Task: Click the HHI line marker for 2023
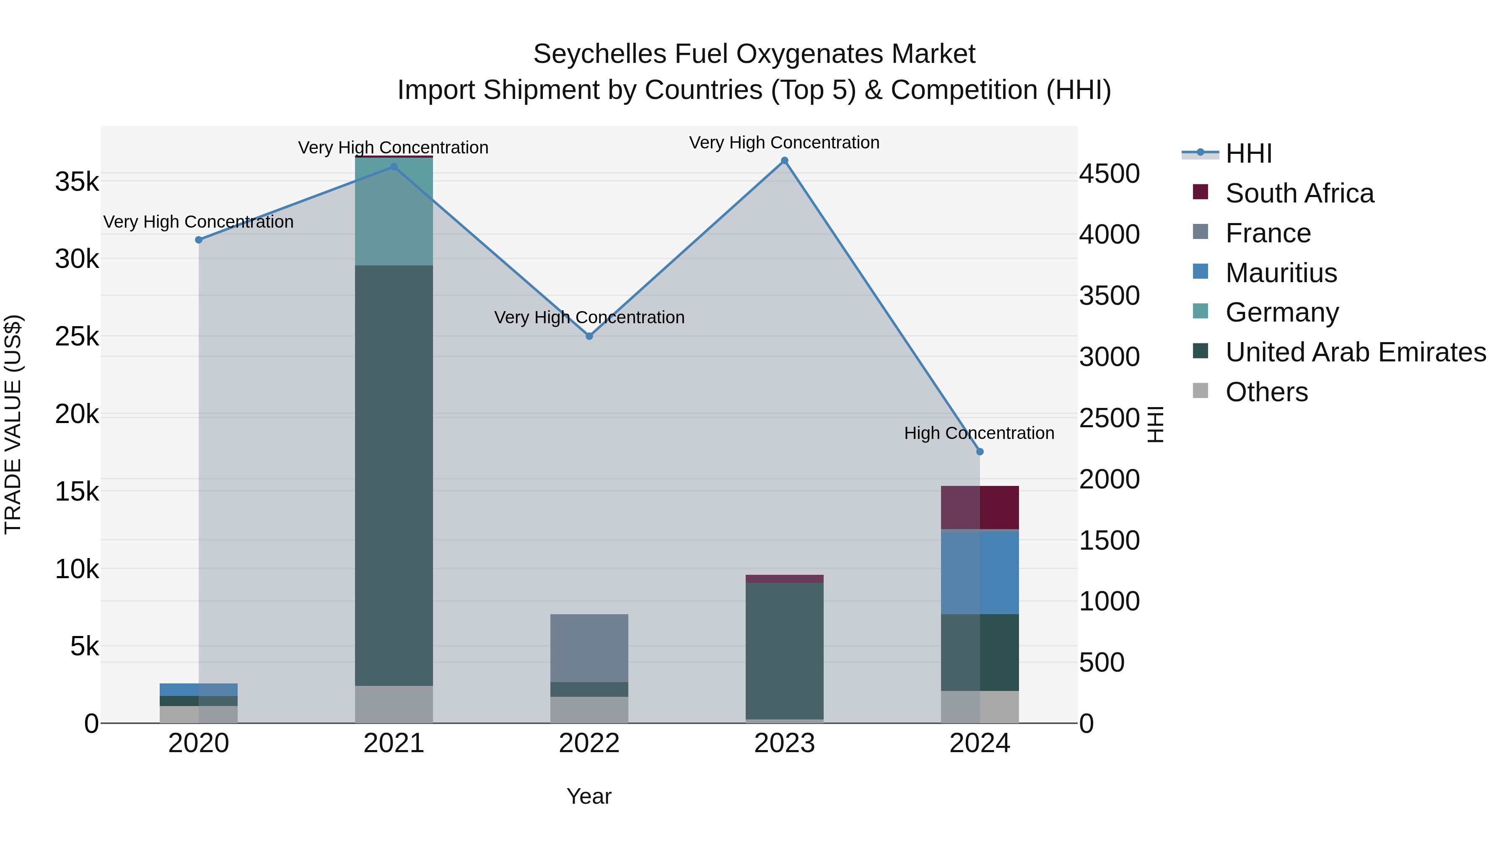(784, 161)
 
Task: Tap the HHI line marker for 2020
(199, 240)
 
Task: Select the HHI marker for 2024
(980, 452)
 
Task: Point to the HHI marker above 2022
(589, 336)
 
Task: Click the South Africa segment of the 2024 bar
(980, 507)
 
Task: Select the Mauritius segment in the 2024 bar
(980, 572)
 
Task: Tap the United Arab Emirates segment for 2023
(784, 650)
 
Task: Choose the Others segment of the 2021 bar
(394, 704)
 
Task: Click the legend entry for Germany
(1282, 312)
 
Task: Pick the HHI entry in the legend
(1248, 153)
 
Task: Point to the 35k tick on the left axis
(77, 182)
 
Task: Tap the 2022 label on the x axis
(589, 743)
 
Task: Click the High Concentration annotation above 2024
(979, 433)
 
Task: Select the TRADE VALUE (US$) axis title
(13, 424)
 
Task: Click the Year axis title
(589, 796)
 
